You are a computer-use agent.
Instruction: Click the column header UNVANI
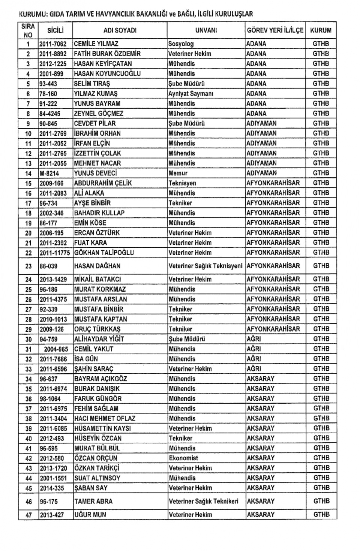pyautogui.click(x=206, y=30)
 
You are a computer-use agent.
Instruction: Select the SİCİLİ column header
pyautogui.click(x=55, y=30)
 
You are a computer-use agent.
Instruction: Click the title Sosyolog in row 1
pyautogui.click(x=181, y=44)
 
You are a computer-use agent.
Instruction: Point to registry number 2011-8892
pyautogui.click(x=53, y=54)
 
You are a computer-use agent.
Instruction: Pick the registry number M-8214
pyautogui.click(x=49, y=173)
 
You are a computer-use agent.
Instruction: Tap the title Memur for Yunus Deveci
pyautogui.click(x=178, y=173)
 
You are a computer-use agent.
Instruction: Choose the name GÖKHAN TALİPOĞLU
pyautogui.click(x=104, y=253)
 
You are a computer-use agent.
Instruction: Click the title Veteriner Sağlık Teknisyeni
pyautogui.click(x=205, y=266)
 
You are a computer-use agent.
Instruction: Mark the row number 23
pyautogui.click(x=28, y=266)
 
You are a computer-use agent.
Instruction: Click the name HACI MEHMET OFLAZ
pyautogui.click(x=105, y=418)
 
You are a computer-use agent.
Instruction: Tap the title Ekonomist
pyautogui.click(x=183, y=458)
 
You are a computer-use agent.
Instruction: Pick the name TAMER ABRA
pyautogui.click(x=93, y=502)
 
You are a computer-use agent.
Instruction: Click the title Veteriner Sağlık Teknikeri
pyautogui.click(x=204, y=502)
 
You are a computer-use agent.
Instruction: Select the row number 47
pyautogui.click(x=28, y=515)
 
